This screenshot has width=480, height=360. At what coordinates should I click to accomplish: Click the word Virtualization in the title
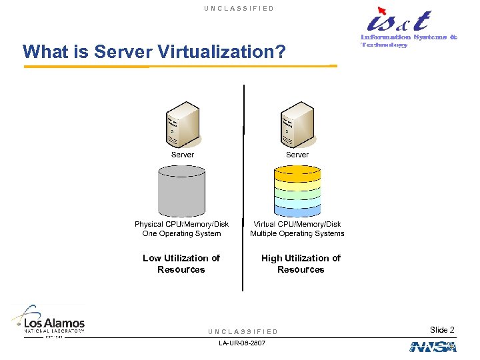(x=214, y=51)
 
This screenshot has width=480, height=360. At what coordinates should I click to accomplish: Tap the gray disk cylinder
(x=181, y=191)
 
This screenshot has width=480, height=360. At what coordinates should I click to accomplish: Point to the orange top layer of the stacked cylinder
(x=297, y=172)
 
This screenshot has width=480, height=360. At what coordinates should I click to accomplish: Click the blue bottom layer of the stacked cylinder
(x=297, y=210)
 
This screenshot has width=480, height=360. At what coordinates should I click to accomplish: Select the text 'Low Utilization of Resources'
(x=181, y=263)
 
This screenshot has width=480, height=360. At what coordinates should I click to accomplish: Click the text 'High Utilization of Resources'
(x=301, y=263)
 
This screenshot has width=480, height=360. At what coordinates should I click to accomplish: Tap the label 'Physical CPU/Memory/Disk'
(x=181, y=224)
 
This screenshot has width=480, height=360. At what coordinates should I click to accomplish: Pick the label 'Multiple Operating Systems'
(x=297, y=233)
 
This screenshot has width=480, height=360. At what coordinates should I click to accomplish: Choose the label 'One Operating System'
(x=181, y=233)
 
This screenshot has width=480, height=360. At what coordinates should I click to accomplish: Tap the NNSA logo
(x=433, y=347)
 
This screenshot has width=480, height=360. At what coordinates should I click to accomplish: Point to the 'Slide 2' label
(x=442, y=330)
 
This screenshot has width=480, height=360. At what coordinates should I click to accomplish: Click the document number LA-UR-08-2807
(x=241, y=343)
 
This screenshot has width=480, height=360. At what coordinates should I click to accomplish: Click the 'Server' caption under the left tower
(x=183, y=155)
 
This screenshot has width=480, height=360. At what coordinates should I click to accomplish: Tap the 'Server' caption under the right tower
(x=297, y=155)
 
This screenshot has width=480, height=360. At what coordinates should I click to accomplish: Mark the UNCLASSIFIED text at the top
(x=239, y=8)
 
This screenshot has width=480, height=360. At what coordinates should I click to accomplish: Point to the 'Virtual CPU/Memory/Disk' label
(x=297, y=224)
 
